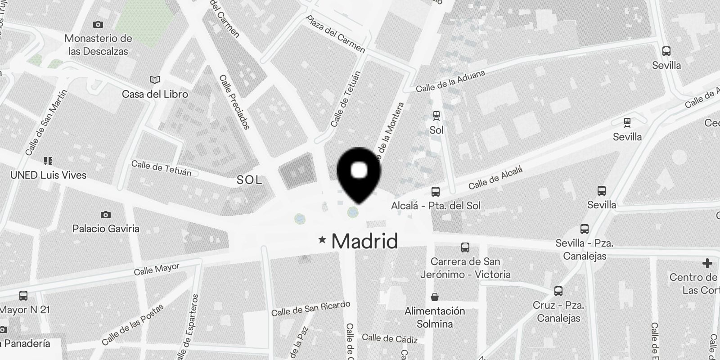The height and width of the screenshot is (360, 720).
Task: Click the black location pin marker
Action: click(359, 173)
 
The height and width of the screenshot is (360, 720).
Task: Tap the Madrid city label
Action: click(364, 241)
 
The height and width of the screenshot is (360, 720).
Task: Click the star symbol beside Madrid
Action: click(322, 240)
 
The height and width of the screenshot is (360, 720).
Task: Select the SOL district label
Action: click(249, 180)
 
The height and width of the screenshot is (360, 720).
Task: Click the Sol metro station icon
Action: click(436, 116)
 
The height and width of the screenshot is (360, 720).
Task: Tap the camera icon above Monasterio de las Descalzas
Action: click(98, 24)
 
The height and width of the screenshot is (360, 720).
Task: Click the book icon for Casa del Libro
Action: click(154, 80)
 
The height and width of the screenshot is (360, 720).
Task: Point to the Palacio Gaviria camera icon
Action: click(106, 215)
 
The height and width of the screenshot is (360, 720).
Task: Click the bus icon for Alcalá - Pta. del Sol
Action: click(435, 192)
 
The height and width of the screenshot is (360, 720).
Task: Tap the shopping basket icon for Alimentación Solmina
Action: click(435, 297)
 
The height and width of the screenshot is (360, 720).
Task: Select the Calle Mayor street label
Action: click(157, 270)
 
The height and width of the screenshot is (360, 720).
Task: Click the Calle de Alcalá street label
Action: click(495, 178)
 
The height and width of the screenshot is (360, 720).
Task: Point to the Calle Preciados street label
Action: click(234, 102)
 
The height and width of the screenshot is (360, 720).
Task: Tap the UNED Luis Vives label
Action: click(48, 175)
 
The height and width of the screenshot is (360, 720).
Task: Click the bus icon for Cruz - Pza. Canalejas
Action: click(558, 291)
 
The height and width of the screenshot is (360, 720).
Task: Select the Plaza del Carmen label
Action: click(335, 34)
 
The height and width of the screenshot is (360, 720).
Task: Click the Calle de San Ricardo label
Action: click(310, 308)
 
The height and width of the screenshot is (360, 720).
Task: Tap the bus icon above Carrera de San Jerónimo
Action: click(465, 247)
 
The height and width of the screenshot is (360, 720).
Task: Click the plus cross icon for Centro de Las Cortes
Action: click(707, 263)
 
